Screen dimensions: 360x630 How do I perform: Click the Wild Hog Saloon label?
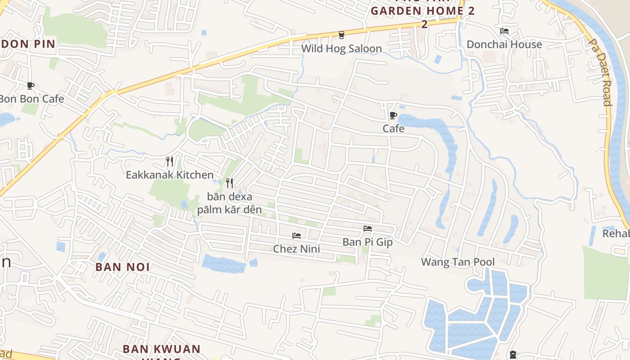[341, 49]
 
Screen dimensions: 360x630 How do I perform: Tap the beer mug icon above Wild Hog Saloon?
[342, 35]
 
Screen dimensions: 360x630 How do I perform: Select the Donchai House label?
[504, 45]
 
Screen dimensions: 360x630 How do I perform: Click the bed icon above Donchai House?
[504, 31]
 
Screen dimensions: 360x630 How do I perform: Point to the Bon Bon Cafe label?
[31, 99]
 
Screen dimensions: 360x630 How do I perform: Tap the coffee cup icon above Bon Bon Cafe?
[30, 85]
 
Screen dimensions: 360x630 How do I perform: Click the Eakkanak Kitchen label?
[170, 175]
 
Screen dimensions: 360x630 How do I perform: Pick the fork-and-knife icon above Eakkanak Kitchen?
[170, 161]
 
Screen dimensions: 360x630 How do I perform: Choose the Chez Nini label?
[297, 249]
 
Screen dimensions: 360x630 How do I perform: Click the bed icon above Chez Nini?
[296, 235]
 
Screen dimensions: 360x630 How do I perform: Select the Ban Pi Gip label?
[368, 242]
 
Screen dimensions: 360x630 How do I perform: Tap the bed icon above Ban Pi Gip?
[368, 229]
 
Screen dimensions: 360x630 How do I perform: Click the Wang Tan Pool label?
[458, 262]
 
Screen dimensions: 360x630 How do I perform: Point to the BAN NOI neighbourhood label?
[123, 267]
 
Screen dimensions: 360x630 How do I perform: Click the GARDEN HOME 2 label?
[423, 11]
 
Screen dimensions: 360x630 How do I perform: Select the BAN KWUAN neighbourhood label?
[162, 349]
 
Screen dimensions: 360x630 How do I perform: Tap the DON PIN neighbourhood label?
[28, 44]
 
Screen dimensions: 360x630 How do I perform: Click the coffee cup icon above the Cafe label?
[393, 115]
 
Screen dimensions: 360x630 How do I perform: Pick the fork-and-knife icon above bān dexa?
[229, 183]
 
